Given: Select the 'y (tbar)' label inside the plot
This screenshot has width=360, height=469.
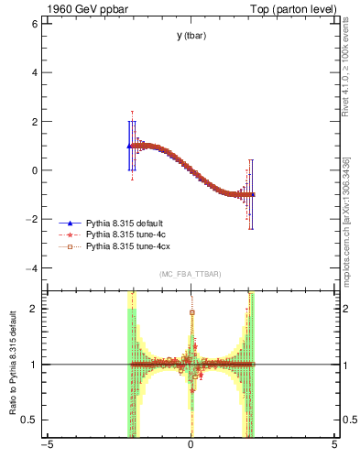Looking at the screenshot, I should point(191,37).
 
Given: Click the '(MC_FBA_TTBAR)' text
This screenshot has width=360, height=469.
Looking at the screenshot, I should point(191,275).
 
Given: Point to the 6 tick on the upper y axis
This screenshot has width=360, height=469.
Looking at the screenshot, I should point(34,23).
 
